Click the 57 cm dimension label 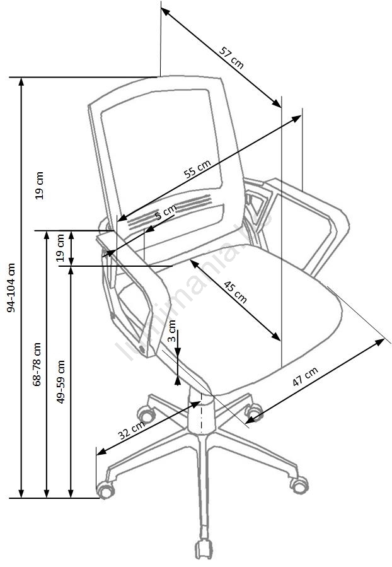[231, 57]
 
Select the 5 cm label [166, 212]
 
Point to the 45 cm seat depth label [235, 291]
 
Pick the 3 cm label [172, 336]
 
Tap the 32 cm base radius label [131, 431]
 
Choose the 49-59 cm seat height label [61, 382]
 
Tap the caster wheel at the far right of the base [299, 484]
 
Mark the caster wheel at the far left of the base [105, 488]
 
